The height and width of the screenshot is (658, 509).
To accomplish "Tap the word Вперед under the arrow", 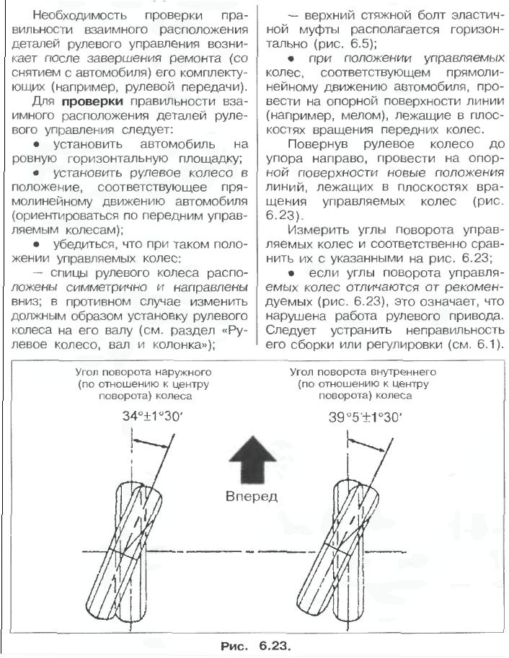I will click(x=251, y=496).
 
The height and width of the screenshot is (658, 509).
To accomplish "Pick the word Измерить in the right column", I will click(x=320, y=231).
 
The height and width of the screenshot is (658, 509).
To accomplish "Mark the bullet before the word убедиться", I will click(x=35, y=244).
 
